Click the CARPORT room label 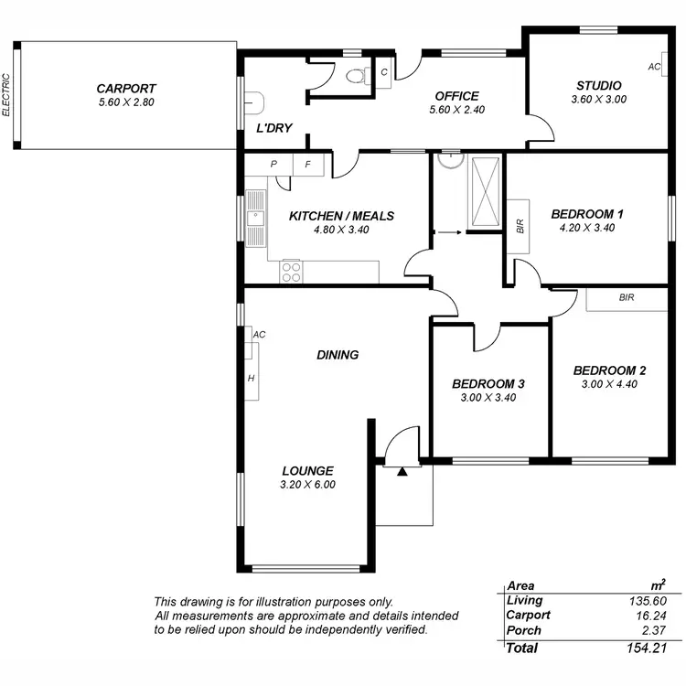(x=126, y=89)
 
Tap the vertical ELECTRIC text (x=6, y=95)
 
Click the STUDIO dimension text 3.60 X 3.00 (x=598, y=100)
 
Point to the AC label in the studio (x=654, y=67)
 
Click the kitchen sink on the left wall (x=255, y=218)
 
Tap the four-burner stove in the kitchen (x=291, y=271)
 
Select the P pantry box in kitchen (x=273, y=165)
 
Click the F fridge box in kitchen (x=307, y=165)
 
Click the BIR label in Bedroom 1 (x=520, y=223)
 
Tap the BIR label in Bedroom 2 (x=626, y=298)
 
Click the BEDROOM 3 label (x=488, y=384)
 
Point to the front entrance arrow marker (x=402, y=472)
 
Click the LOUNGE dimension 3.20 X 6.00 (x=307, y=485)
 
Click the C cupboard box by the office (x=383, y=72)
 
